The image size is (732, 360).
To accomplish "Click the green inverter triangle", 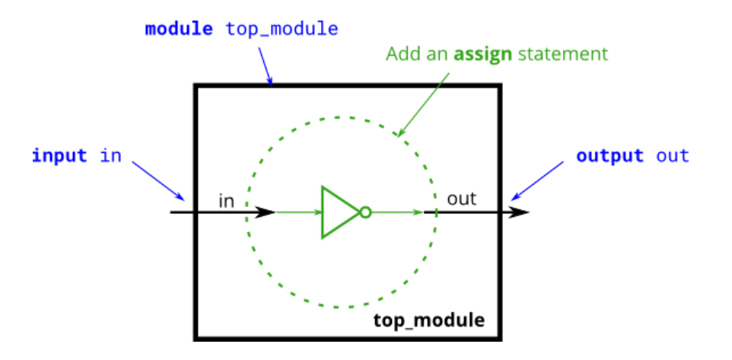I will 337,212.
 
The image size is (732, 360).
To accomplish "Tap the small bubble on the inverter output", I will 365,212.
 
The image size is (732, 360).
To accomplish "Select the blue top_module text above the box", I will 282,30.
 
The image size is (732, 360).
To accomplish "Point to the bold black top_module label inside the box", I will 428,319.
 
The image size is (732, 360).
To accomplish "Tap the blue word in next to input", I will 111,156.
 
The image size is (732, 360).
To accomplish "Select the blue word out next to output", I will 673,156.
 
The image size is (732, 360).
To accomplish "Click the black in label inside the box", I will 226,201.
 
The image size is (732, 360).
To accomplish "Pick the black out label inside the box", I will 461,199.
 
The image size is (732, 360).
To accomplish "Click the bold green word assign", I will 483,55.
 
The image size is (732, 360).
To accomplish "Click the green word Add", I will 402,55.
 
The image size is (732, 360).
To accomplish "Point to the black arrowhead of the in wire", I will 265,212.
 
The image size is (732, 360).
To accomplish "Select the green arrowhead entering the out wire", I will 417,212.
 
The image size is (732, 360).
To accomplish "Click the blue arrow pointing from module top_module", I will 265,65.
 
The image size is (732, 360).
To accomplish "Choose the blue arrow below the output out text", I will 539,183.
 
